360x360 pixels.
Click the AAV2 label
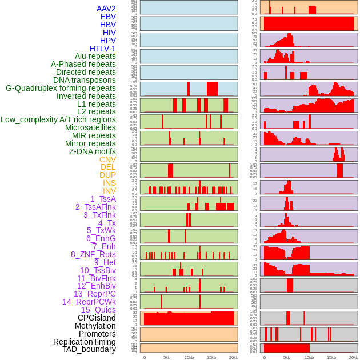[x=106, y=9]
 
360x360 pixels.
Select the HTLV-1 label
[x=103, y=49]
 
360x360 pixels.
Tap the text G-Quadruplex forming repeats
[x=61, y=88]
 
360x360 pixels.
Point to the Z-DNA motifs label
[x=93, y=151]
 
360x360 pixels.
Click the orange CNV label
[x=107, y=159]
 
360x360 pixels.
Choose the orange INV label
[x=109, y=191]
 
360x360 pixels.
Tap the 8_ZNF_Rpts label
[x=93, y=254]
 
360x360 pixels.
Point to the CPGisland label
[x=97, y=318]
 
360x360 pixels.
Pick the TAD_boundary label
[x=89, y=349]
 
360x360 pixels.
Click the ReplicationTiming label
[x=85, y=342]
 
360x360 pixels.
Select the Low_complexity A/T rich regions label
[x=58, y=119]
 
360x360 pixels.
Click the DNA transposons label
[x=85, y=80]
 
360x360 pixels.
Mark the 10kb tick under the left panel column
[x=189, y=357]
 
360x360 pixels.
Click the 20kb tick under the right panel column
[x=354, y=357]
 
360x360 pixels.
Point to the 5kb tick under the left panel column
[x=167, y=357]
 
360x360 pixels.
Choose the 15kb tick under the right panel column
[x=331, y=357]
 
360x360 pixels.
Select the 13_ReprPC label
[x=95, y=294]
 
